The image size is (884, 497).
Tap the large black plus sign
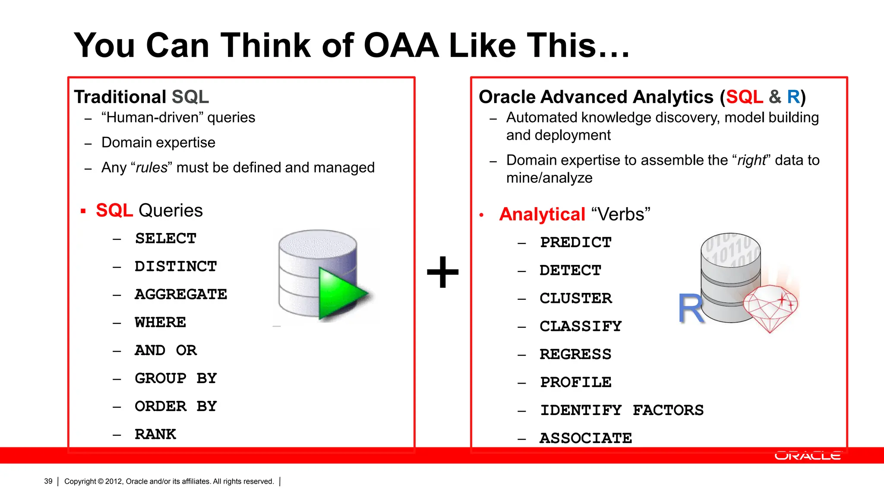443,272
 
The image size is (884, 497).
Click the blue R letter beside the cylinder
691,308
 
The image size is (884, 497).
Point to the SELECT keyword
166,239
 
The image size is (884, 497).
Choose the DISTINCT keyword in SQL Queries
176,267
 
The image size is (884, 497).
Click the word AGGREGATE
181,294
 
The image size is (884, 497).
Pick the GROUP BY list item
176,378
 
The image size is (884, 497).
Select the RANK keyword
155,434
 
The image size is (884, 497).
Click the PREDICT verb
576,242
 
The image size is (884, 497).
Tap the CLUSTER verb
576,299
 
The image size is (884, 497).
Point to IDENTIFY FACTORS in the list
622,410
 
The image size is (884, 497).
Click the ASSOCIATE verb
586,438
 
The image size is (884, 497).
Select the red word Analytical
542,214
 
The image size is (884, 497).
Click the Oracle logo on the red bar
808,456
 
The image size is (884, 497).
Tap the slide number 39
48,481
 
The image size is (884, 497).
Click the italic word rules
152,168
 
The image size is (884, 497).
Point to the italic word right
751,160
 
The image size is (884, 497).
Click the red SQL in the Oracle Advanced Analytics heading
745,97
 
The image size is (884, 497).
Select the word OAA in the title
401,45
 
